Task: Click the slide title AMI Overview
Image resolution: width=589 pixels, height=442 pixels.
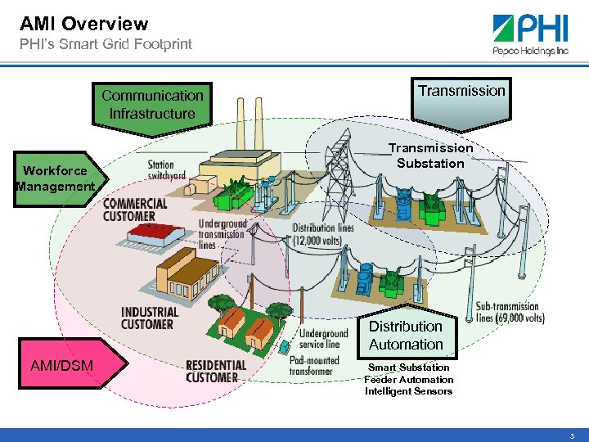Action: pos(83,24)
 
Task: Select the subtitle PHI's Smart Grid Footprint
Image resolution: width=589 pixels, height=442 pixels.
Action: pos(106,44)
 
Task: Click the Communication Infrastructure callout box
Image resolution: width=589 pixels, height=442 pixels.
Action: pos(152,105)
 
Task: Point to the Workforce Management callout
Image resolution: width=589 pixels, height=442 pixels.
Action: pos(56,178)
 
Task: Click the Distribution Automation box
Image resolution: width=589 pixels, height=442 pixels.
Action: pos(406,336)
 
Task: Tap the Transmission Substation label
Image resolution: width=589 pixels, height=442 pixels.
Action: pos(430,156)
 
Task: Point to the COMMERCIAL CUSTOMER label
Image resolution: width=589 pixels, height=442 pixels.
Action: pos(135,210)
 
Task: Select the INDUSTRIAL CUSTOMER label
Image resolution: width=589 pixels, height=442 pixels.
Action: pos(149,318)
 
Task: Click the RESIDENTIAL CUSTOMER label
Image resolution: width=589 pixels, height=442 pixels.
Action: pos(216,371)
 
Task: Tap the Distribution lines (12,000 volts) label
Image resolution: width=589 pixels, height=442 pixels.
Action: pos(323,233)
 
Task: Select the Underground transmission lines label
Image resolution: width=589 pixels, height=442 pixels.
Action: pos(223,234)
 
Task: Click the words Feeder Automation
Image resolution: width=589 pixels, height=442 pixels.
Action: pos(408,380)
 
